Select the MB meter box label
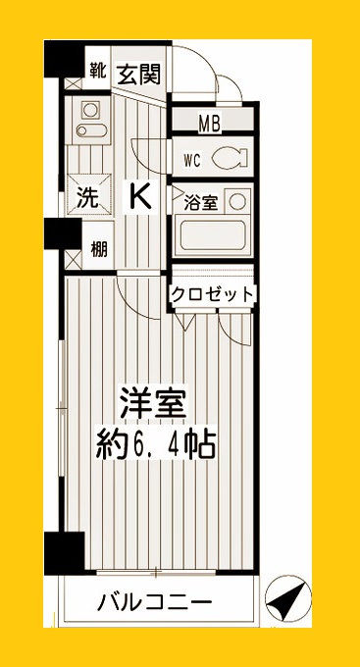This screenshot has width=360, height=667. click(x=209, y=124)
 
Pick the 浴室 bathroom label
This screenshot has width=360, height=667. click(x=200, y=203)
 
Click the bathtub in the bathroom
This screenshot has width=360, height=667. click(x=214, y=237)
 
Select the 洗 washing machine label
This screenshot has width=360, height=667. click(x=87, y=197)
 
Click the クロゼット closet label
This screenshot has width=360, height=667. click(x=213, y=293)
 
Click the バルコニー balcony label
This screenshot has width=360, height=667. click(x=154, y=601)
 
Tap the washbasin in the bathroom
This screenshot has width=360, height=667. click(x=236, y=202)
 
